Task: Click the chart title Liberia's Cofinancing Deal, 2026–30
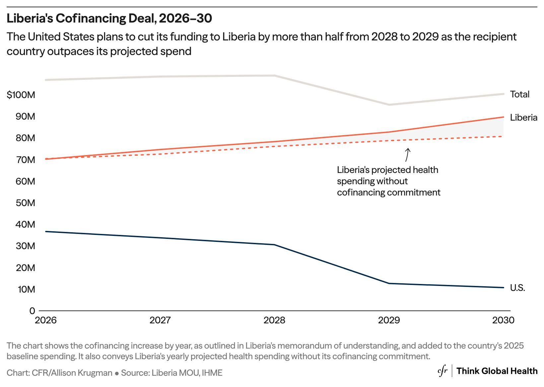coord(109,19)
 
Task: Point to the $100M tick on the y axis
coord(21,95)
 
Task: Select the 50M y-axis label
coord(25,203)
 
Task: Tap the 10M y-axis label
coord(26,289)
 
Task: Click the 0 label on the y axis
coord(32,311)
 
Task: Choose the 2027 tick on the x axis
coord(160,320)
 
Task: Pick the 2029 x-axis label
coord(389,320)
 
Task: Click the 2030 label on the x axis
coord(503,320)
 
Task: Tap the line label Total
coord(519,94)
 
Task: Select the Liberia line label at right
coord(523,118)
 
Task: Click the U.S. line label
coord(517,288)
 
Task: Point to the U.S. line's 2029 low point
coord(389,283)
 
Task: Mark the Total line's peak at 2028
coord(275,76)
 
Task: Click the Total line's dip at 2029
coord(389,105)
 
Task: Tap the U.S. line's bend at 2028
coord(275,245)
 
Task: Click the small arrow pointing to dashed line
coord(407,155)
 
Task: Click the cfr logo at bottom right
coord(442,371)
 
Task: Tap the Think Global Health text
coord(497,371)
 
